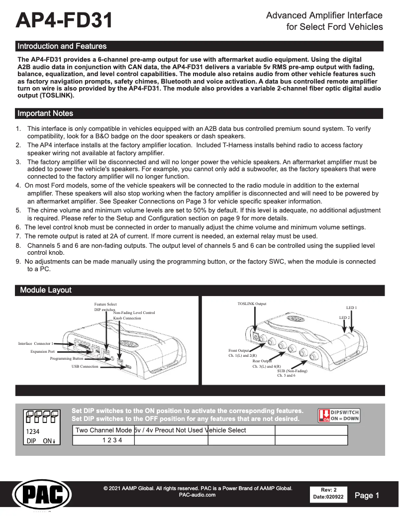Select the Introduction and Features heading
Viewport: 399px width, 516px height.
62,46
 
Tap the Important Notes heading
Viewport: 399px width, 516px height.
45,113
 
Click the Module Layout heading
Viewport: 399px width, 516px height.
46,290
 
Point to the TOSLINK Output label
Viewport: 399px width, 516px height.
252,304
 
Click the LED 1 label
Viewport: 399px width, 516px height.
351,308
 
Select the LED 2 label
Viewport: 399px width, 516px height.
344,317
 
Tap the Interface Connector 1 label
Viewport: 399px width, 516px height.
35,344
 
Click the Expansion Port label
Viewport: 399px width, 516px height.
42,351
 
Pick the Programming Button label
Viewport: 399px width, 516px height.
67,358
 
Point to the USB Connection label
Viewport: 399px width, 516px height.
85,366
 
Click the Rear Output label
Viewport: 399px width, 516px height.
262,361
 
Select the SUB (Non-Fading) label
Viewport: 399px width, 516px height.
292,371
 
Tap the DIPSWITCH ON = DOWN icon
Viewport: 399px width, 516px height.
338,415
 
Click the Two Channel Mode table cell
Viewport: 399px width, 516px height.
103,430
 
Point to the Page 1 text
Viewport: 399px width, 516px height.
367,495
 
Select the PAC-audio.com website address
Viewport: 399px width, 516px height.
197,495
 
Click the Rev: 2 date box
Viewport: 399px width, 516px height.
328,493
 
